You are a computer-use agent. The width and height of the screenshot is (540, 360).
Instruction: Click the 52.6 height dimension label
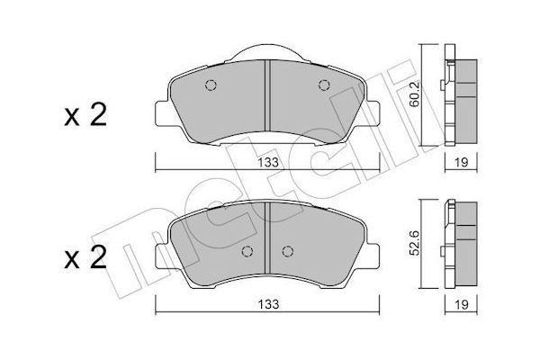click(415, 243)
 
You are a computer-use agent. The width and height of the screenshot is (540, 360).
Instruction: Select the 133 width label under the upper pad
click(268, 162)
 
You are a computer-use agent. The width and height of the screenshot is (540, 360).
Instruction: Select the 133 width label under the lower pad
click(268, 304)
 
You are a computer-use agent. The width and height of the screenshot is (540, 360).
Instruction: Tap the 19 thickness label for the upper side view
click(461, 162)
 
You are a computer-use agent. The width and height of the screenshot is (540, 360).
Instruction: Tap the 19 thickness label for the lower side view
click(461, 304)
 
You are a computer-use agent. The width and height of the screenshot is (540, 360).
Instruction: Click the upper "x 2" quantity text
click(85, 115)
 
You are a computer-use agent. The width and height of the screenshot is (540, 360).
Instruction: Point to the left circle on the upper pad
click(211, 85)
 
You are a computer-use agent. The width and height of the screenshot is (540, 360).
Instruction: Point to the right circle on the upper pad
click(324, 85)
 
